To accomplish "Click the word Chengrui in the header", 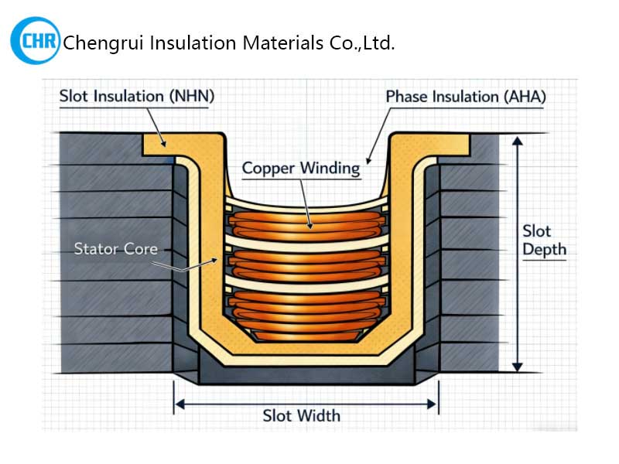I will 101,43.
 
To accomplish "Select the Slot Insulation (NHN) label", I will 136,97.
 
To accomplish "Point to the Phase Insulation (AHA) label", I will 466,97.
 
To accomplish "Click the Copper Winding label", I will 300,168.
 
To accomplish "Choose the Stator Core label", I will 115,249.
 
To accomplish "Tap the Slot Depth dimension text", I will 543,241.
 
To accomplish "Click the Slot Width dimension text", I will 301,416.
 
